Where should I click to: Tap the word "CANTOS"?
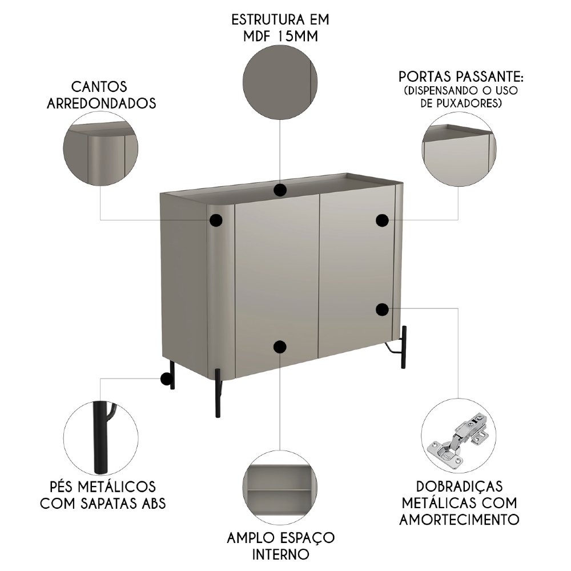click(x=99, y=87)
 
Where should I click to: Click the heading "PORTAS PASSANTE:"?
click(x=460, y=77)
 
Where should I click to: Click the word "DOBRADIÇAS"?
click(x=460, y=486)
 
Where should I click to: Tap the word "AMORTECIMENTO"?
click(x=459, y=520)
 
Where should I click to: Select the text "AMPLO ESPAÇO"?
click(x=280, y=537)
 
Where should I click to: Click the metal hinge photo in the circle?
click(x=459, y=436)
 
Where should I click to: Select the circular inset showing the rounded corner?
click(x=100, y=147)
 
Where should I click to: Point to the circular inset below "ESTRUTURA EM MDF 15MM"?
click(x=280, y=83)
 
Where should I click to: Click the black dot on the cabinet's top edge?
click(x=279, y=190)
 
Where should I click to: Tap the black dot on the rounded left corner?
click(x=216, y=220)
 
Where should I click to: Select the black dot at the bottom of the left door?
click(x=279, y=346)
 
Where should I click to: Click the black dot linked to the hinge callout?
click(x=382, y=309)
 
